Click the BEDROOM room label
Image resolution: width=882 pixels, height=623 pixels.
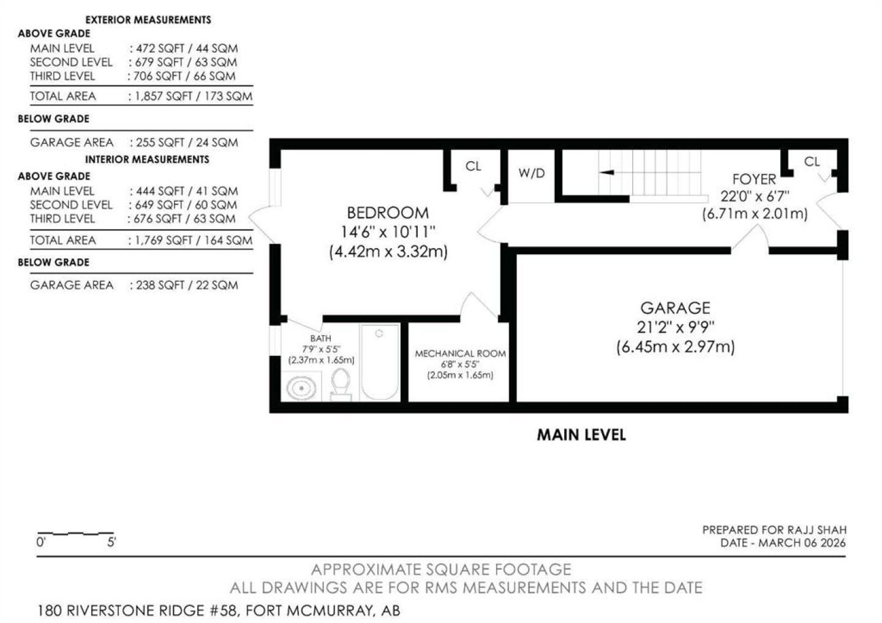pos(388,213)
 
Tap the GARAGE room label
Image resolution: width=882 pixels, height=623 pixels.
pos(675,308)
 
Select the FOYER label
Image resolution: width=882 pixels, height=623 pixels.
pos(754,179)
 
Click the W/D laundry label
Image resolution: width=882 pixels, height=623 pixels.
pos(532,173)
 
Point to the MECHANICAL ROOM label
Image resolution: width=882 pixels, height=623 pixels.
pos(461,353)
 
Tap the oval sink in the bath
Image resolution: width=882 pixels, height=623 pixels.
pos(301,388)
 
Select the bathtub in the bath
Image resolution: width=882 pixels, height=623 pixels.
pos(380,362)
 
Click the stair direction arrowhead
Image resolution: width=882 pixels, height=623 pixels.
pos(606,173)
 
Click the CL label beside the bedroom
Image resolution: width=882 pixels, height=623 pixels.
pos(473,166)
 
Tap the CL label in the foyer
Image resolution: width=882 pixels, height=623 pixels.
pos(812,162)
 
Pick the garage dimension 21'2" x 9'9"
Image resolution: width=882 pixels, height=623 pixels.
pos(675,327)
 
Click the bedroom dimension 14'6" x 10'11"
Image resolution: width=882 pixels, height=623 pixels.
pos(388,232)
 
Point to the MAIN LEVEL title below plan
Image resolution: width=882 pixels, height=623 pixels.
pos(581,435)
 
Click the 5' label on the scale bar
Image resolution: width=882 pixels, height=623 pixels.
pos(111,542)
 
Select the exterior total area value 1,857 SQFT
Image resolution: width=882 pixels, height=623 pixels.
pos(164,97)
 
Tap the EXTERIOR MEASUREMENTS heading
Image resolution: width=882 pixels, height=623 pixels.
pos(148,20)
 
